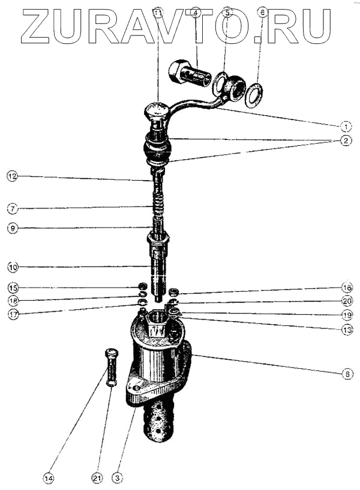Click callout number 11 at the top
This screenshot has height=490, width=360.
pos(158,12)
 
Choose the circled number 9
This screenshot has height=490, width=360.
pos(12,228)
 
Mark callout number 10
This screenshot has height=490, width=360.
pos(12,265)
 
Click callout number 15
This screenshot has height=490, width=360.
pos(12,287)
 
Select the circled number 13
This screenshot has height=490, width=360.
pos(347,329)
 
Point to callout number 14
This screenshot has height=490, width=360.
pos(48,478)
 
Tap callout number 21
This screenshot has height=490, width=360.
pos(96,478)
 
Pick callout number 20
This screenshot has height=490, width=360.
pos(347,300)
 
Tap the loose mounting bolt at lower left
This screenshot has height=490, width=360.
pos(112,367)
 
